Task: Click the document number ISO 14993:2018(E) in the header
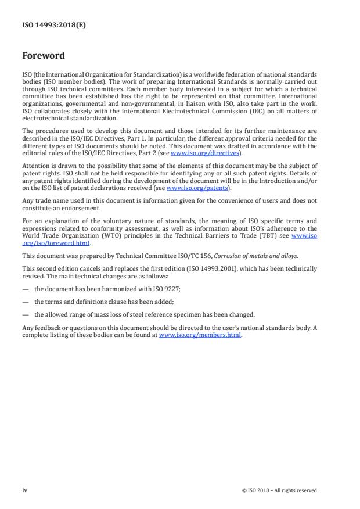[x=54, y=25]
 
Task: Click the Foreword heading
[x=44, y=56]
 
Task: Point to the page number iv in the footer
[x=25, y=490]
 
